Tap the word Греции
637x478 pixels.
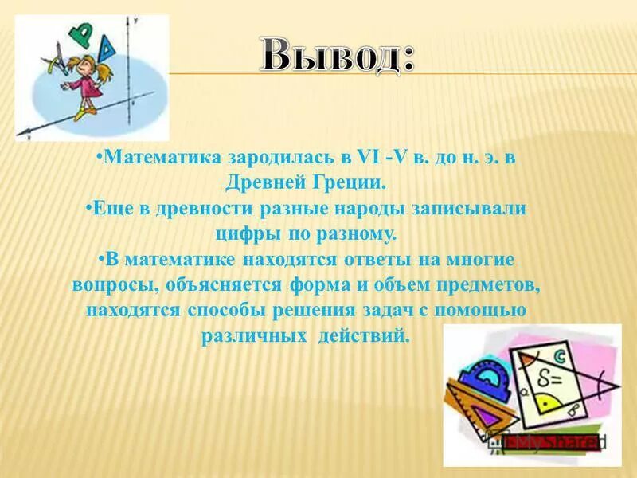click(354, 182)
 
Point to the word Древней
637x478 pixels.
click(284, 182)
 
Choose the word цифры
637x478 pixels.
click(245, 233)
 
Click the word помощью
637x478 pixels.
click(484, 311)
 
